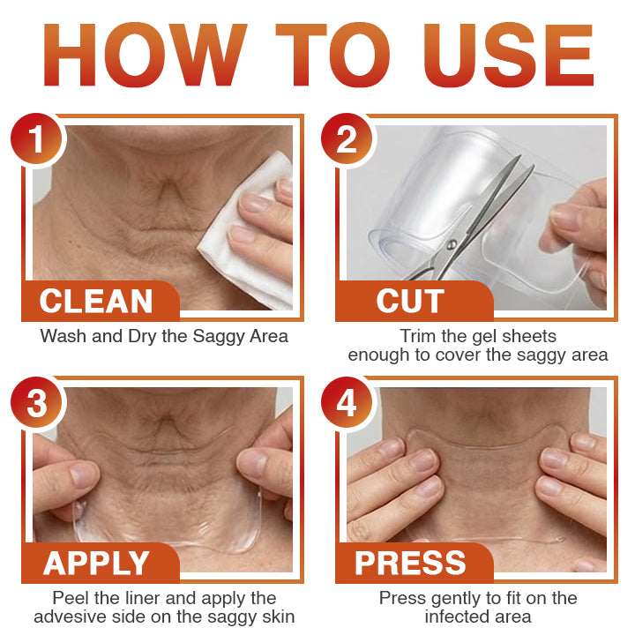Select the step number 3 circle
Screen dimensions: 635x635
click(36, 404)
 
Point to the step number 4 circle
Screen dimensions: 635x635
click(347, 404)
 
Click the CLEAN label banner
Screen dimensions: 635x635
click(97, 302)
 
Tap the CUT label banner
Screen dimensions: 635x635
click(411, 302)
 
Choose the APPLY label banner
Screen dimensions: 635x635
click(97, 563)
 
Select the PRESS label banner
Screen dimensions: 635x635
click(411, 563)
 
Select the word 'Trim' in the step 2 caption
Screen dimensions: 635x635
click(417, 336)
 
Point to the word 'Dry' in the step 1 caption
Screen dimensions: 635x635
click(133, 336)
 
